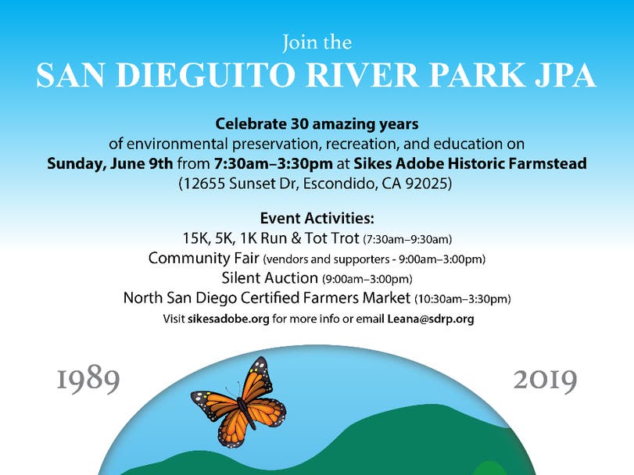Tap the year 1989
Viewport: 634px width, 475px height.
[88, 380]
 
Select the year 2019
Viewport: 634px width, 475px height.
[545, 380]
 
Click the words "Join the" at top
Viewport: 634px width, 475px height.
[317, 43]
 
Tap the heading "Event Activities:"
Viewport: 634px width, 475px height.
[317, 219]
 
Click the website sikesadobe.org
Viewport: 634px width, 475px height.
[228, 319]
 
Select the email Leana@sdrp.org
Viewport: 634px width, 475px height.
[431, 319]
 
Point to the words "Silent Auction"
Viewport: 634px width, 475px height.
[270, 278]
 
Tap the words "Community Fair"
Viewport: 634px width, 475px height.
[204, 258]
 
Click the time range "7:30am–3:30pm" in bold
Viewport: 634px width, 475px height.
[274, 163]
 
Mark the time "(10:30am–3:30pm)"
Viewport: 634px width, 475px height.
[463, 299]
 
